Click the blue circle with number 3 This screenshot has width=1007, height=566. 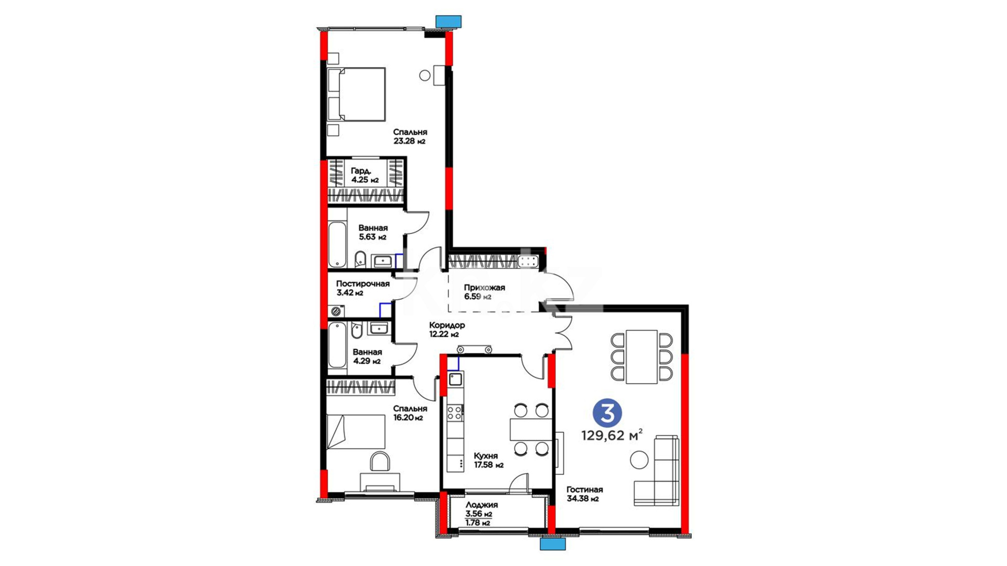(x=607, y=413)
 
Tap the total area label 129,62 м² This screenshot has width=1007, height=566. (x=612, y=436)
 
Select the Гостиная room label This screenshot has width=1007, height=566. (x=585, y=489)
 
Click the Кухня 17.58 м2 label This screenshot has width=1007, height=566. (x=488, y=460)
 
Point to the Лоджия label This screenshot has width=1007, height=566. (x=481, y=505)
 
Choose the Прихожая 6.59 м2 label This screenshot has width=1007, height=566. (x=484, y=292)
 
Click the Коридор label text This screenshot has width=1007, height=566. (x=447, y=325)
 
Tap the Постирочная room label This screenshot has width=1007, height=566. (x=363, y=284)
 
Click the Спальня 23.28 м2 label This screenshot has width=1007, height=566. (x=410, y=136)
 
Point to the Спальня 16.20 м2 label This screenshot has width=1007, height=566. (x=410, y=413)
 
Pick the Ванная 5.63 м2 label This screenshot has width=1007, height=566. (x=373, y=232)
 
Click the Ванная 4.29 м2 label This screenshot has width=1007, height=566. (x=367, y=356)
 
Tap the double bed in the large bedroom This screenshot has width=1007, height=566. (x=356, y=94)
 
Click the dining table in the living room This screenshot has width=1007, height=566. (x=642, y=356)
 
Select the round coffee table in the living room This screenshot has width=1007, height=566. (x=639, y=460)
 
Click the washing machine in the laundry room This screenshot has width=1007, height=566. (x=336, y=312)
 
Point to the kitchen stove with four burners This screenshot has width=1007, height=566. (x=455, y=412)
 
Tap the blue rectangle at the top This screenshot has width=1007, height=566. (x=448, y=21)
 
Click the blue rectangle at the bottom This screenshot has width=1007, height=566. (x=553, y=544)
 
